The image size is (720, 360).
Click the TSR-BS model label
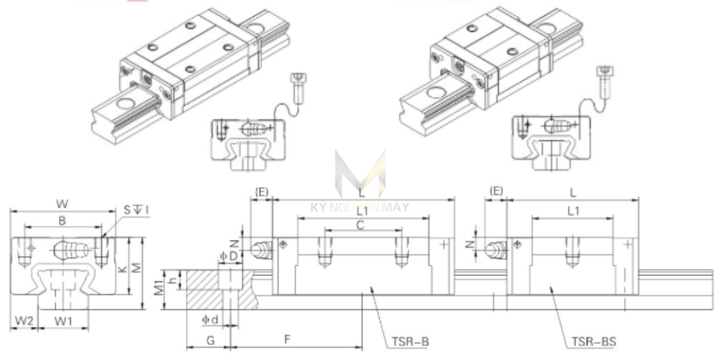[x=593, y=342]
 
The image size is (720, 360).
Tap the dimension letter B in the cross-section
[x=62, y=220]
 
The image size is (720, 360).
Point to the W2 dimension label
[x=23, y=320]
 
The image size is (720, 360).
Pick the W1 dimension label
[x=64, y=320]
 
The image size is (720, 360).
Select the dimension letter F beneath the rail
[x=287, y=339]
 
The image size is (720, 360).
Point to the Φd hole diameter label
[x=209, y=319]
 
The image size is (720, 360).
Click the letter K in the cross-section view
[x=123, y=270]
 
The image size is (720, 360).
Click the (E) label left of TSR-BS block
[x=496, y=191]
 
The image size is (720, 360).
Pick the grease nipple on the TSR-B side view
[x=262, y=248]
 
